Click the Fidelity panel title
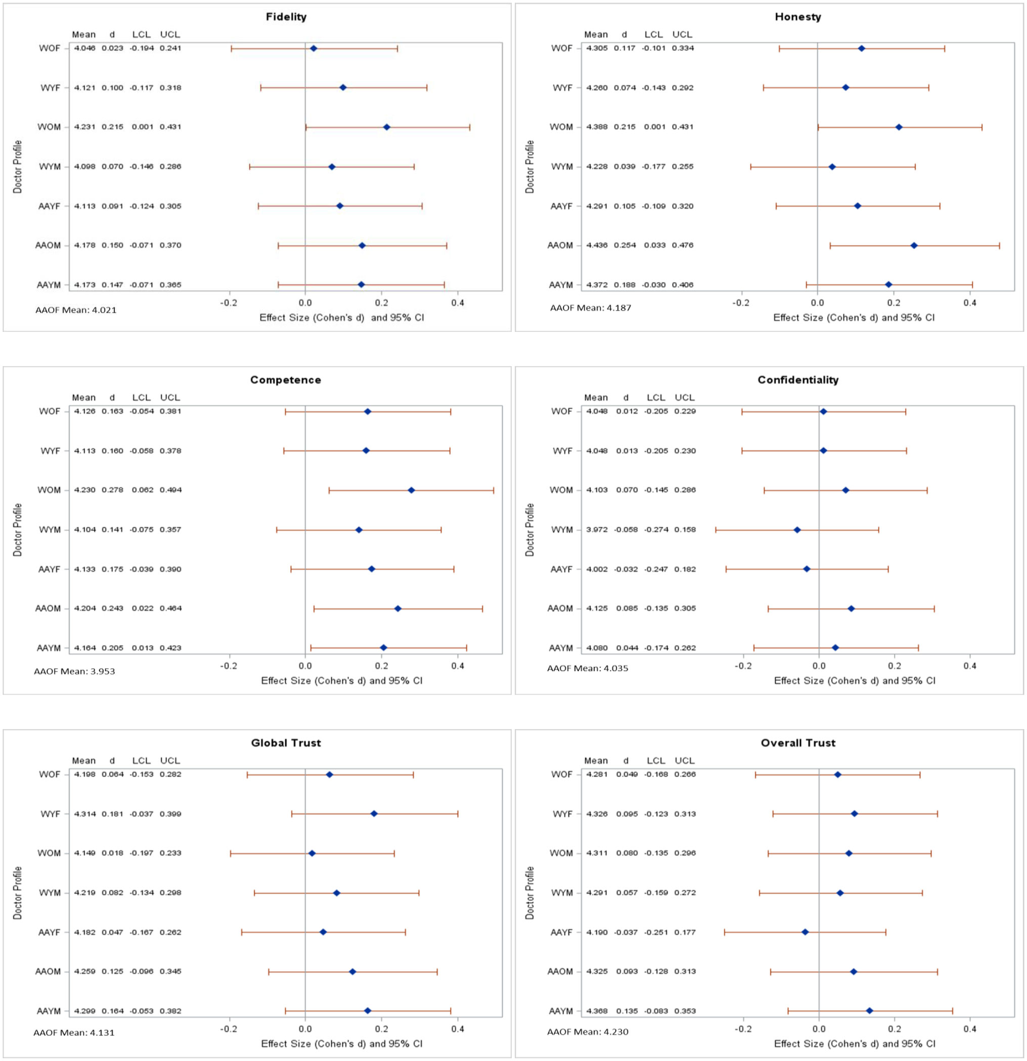point(286,17)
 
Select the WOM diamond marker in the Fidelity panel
point(386,127)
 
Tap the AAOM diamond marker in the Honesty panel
point(914,246)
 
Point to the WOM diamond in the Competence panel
point(411,490)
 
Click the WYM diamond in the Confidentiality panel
point(797,530)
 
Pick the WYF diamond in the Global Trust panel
point(374,814)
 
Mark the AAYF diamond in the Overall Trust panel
point(805,932)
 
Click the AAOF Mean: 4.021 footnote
point(76,310)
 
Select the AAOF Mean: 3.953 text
point(75,672)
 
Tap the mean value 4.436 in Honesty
point(597,245)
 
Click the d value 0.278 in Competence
point(113,490)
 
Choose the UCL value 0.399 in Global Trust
point(170,814)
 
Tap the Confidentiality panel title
point(797,380)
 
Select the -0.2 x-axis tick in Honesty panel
point(741,303)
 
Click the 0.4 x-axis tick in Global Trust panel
point(458,1029)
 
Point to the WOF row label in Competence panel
point(50,411)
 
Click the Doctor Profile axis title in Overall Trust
point(530,893)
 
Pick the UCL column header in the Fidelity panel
point(170,34)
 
